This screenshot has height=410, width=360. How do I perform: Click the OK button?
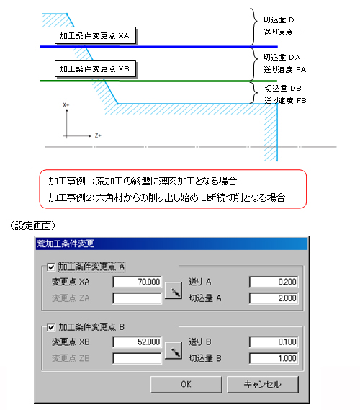point(186,384)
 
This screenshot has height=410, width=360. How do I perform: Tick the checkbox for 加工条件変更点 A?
point(50,267)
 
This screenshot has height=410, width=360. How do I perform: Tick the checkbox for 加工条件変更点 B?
point(50,327)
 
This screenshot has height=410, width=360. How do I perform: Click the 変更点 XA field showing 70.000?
point(137,282)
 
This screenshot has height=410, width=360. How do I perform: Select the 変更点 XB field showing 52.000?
point(137,342)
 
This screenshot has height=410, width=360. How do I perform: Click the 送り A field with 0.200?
point(274,282)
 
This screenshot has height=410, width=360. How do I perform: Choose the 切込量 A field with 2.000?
point(274,298)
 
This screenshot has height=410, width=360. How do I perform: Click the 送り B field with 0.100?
point(274,342)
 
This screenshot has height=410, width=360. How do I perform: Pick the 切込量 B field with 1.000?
point(274,359)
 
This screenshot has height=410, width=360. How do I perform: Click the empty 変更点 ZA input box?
point(137,298)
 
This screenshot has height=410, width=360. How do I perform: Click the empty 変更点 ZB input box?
point(137,359)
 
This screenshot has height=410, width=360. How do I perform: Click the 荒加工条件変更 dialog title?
point(66,244)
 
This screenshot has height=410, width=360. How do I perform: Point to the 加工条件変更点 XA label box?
point(95,35)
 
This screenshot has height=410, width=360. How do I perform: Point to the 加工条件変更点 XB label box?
point(95,68)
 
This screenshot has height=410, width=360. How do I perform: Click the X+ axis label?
point(66,105)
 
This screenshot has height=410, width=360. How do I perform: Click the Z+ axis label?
point(98,135)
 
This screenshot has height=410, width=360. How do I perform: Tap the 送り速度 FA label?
point(285,70)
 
